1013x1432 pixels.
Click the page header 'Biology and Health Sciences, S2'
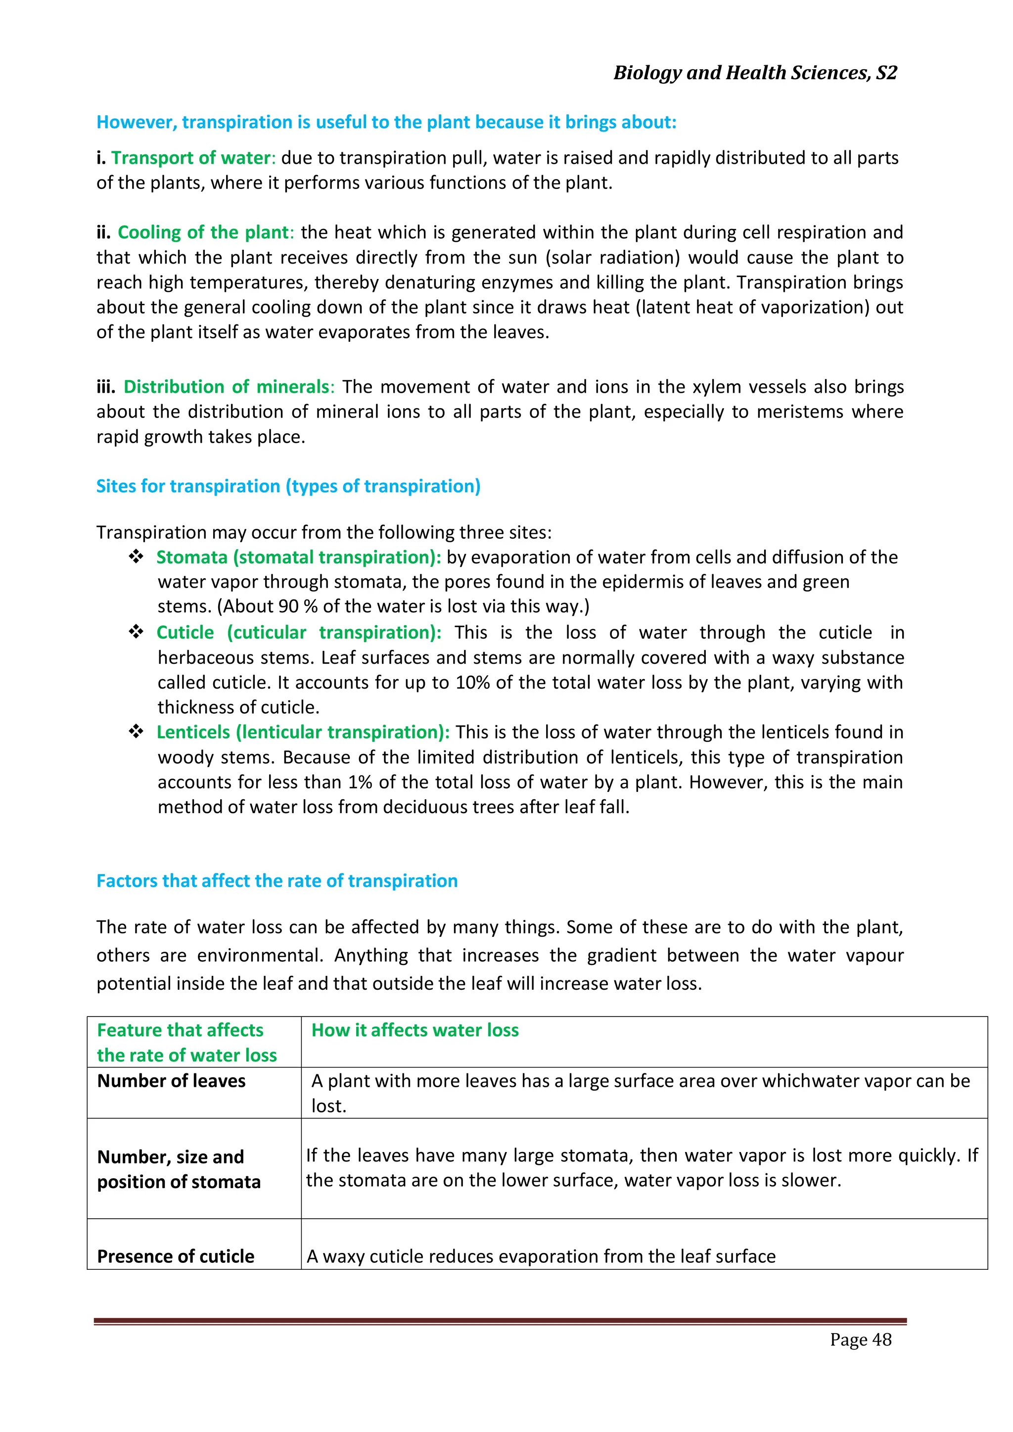pyautogui.click(x=755, y=73)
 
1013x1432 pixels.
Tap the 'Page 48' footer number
pyautogui.click(x=860, y=1339)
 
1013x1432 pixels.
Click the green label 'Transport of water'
pyautogui.click(x=191, y=158)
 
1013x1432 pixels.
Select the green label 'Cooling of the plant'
pyautogui.click(x=203, y=232)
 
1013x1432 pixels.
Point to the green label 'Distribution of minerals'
pyautogui.click(x=227, y=387)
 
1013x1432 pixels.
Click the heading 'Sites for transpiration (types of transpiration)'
pyautogui.click(x=288, y=486)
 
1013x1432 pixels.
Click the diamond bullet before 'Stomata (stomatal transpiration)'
pyautogui.click(x=136, y=556)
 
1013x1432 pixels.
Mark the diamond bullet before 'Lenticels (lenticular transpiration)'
pyautogui.click(x=136, y=732)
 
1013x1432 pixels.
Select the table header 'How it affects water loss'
pyautogui.click(x=415, y=1030)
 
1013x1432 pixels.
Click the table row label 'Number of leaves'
pyautogui.click(x=172, y=1081)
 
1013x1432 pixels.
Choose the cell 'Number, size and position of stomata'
pyautogui.click(x=179, y=1169)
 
